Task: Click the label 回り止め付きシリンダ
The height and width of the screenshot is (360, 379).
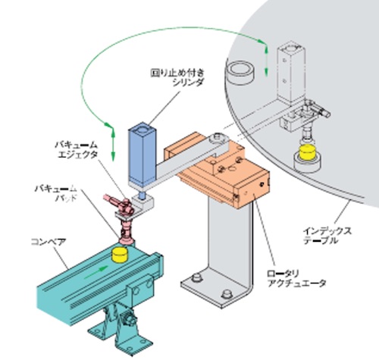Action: click(177, 77)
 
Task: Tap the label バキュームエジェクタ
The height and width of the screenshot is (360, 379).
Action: click(77, 149)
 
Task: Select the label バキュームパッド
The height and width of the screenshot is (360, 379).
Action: click(55, 193)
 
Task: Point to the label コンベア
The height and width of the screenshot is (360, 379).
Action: click(49, 242)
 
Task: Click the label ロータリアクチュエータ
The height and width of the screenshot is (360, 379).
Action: click(296, 278)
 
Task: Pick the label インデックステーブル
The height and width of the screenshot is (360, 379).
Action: click(327, 236)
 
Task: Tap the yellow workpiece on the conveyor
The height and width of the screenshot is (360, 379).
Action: click(121, 255)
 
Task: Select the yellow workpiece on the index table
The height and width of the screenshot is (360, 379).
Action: click(307, 152)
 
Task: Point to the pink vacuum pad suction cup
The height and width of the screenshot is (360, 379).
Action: click(127, 239)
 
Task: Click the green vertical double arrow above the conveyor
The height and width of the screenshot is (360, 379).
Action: click(113, 144)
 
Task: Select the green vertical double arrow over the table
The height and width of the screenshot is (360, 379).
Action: click(266, 60)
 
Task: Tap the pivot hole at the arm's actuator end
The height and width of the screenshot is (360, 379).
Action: click(218, 136)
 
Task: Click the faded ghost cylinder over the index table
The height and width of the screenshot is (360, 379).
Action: click(290, 74)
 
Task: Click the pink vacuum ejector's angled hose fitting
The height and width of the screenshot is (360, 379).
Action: click(113, 199)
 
